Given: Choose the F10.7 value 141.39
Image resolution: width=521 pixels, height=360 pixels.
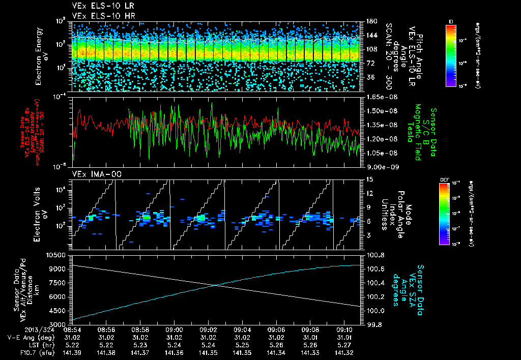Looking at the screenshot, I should click(72, 352).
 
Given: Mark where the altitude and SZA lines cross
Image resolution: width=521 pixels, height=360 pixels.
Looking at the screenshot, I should click(216, 285).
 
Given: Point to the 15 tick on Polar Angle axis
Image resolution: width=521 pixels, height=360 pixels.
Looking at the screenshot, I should click(369, 179).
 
